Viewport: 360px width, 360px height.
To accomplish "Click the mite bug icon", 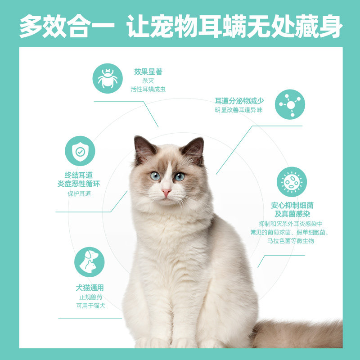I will [108, 78].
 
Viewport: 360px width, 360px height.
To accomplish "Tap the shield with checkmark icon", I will [80, 151].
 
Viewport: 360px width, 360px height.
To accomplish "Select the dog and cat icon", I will [89, 262].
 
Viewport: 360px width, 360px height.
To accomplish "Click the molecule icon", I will [290, 104].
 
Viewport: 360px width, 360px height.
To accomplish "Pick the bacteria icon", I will [292, 182].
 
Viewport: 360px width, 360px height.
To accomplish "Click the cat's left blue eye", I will [155, 175].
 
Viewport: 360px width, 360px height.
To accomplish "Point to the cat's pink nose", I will [166, 193].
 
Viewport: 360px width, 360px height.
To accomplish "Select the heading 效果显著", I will [148, 72].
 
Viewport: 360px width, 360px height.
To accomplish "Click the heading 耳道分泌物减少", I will [239, 101].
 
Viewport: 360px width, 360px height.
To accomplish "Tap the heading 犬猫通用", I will [90, 288].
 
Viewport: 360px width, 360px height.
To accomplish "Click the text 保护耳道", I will [79, 193].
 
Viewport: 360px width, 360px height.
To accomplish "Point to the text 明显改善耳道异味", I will [238, 110].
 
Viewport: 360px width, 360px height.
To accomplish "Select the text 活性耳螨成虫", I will [148, 89].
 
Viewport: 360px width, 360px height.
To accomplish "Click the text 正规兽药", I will [91, 297].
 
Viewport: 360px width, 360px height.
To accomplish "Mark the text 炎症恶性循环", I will [79, 184].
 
